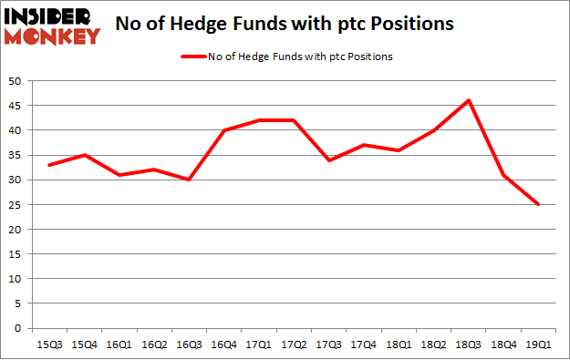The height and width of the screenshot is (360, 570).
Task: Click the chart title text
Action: click(x=285, y=26)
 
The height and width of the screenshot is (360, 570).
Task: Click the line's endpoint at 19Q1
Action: click(x=538, y=204)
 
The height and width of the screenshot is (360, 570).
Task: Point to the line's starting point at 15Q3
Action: click(x=49, y=165)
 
